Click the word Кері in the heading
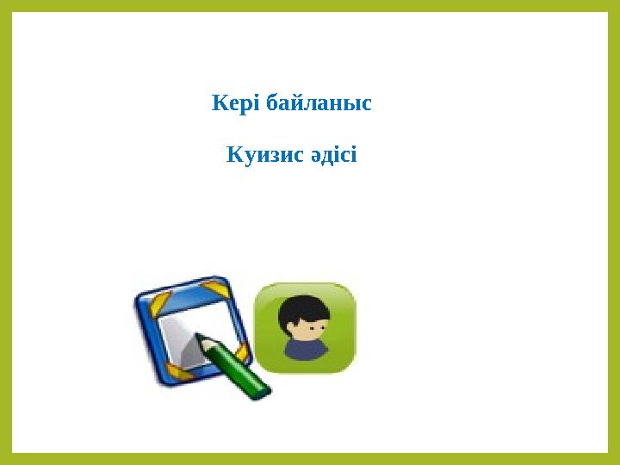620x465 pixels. (234, 105)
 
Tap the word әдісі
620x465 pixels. (328, 157)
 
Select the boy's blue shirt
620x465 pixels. (306, 349)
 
